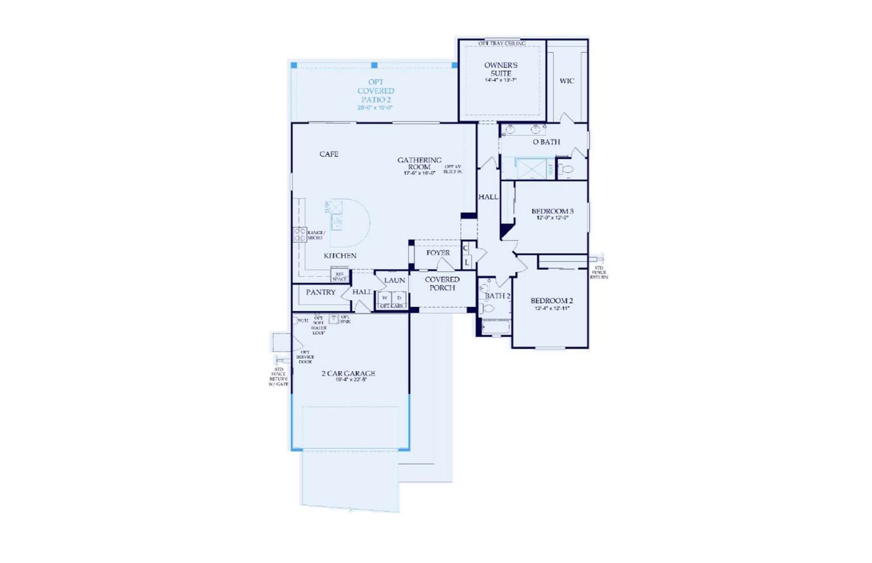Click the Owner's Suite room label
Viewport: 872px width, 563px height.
tap(501, 69)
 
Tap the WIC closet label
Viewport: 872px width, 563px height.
tap(567, 81)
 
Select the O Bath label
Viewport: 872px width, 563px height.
tap(546, 142)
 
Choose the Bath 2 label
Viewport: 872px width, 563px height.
tap(497, 295)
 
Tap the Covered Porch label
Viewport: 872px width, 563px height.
tap(442, 283)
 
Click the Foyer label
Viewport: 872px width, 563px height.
tap(438, 253)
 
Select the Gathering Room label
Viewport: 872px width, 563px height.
tap(420, 164)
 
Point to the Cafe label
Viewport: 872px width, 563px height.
tap(329, 154)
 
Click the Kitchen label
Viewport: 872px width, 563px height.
tap(339, 255)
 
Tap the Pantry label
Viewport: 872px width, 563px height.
tap(320, 292)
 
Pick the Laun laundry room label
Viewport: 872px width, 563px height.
tap(394, 280)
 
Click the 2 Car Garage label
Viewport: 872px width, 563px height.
tap(348, 373)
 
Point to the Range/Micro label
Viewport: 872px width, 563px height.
tap(314, 235)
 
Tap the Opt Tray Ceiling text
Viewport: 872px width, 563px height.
tap(501, 43)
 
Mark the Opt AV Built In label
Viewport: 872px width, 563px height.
tap(453, 170)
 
